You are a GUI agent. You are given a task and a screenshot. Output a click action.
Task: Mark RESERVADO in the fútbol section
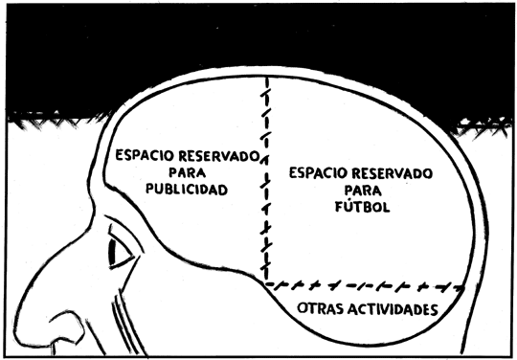(x=392, y=172)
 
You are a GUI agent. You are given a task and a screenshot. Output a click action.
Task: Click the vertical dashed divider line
(x=265, y=182)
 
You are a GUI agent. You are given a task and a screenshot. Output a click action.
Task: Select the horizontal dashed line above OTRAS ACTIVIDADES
(x=369, y=285)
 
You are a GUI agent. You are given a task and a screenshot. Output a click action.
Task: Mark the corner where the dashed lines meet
(x=266, y=284)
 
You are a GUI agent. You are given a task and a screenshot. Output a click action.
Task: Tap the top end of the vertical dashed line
(x=264, y=80)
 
